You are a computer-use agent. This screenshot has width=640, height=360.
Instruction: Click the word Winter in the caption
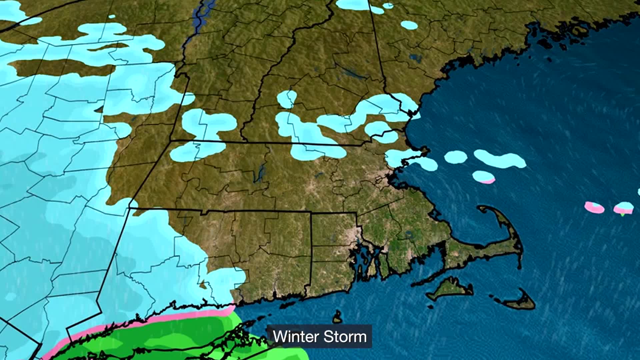pos(291,337)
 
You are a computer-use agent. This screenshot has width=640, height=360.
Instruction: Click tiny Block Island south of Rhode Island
pos(337,318)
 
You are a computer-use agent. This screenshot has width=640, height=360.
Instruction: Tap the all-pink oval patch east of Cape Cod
pos(594,208)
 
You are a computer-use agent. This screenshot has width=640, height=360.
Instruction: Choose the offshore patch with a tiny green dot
pos(623,209)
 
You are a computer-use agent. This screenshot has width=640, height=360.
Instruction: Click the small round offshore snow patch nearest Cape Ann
pos(455,157)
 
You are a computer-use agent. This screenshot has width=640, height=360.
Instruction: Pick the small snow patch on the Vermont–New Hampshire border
pos(287,99)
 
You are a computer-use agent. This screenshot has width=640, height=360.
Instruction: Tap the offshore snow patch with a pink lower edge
pos(484,177)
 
